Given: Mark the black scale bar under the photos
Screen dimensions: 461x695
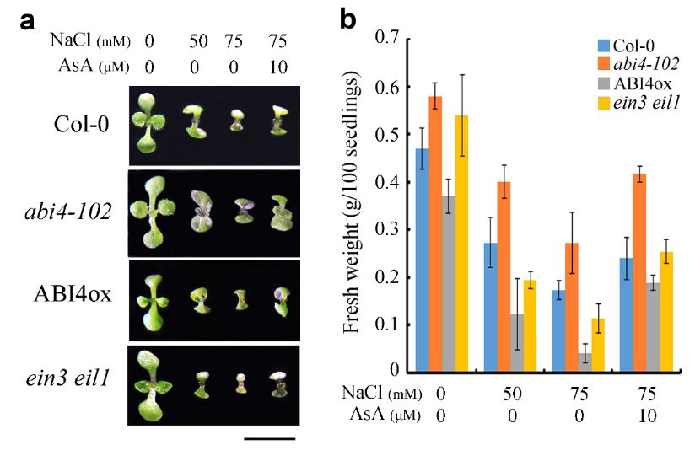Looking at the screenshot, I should coord(270,438).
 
